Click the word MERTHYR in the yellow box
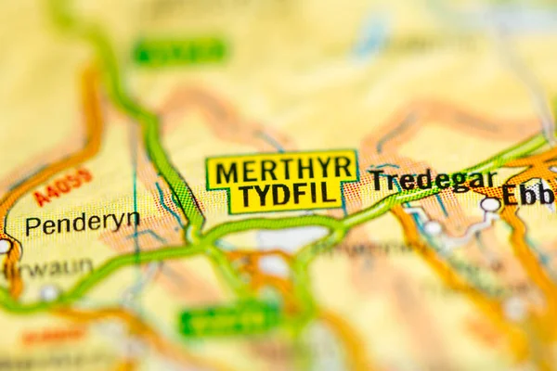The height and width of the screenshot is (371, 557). pyautogui.click(x=281, y=168)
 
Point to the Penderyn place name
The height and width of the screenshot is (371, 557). pyautogui.click(x=83, y=224)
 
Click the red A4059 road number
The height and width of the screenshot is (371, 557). pyautogui.click(x=63, y=186)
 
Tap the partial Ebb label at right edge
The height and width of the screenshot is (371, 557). pyautogui.click(x=528, y=195)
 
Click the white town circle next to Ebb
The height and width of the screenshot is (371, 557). pyautogui.click(x=490, y=204)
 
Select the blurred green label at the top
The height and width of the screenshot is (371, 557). pyautogui.click(x=180, y=51)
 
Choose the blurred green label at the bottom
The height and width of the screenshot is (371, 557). pyautogui.click(x=230, y=320)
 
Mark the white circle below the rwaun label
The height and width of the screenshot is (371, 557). pyautogui.click(x=49, y=293)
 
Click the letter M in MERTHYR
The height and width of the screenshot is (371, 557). pyautogui.click(x=226, y=170)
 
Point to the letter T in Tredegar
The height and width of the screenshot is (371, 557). pyautogui.click(x=378, y=182)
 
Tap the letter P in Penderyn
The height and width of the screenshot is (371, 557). pyautogui.click(x=32, y=226)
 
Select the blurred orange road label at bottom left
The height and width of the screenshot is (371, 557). pyautogui.click(x=52, y=336)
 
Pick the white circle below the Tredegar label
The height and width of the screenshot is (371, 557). pyautogui.click(x=433, y=227)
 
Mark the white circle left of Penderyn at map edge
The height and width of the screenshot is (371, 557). pyautogui.click(x=4, y=247)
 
